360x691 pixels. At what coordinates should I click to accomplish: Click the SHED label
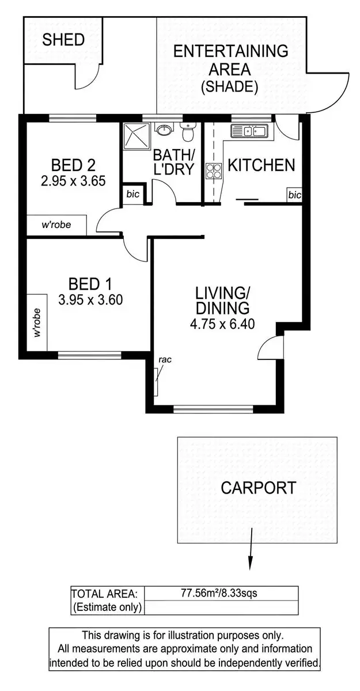(x=63, y=40)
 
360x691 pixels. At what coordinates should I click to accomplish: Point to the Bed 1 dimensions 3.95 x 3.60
(x=90, y=300)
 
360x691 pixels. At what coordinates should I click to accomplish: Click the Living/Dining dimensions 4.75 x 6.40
(x=222, y=323)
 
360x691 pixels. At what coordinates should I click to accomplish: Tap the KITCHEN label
(x=261, y=165)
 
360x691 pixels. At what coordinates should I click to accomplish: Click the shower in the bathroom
(x=136, y=136)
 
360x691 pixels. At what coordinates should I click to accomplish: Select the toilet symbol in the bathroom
(x=187, y=133)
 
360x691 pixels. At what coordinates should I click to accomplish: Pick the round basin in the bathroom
(x=165, y=130)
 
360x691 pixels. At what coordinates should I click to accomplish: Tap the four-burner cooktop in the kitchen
(x=214, y=171)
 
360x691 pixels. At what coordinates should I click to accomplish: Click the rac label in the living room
(x=165, y=360)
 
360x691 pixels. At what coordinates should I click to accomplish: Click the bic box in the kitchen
(x=294, y=195)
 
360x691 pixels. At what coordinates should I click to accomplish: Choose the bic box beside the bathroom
(x=132, y=195)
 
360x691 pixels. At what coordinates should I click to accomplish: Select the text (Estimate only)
(x=107, y=608)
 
